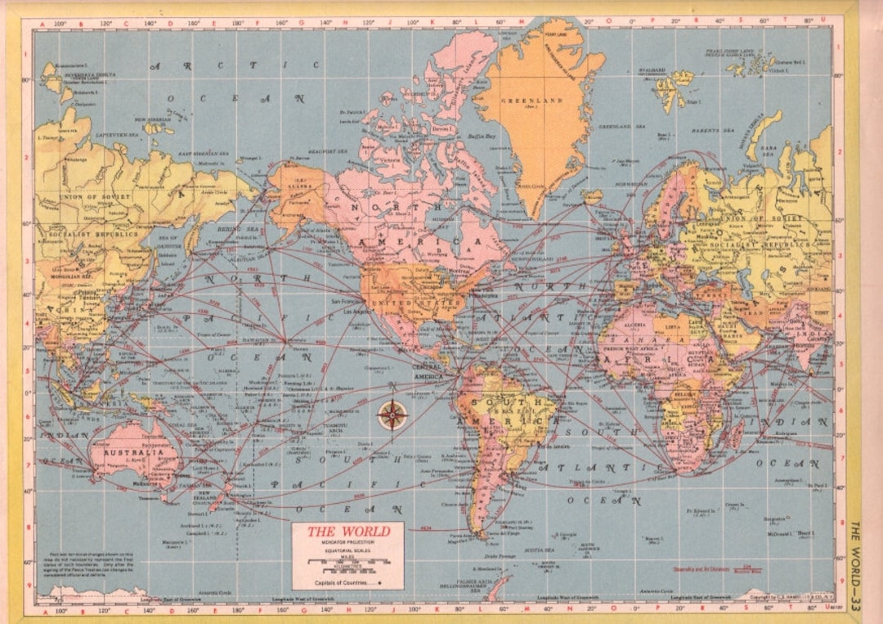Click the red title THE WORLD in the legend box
pyautogui.click(x=347, y=532)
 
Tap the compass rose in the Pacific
pyautogui.click(x=392, y=415)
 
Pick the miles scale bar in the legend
pyautogui.click(x=347, y=563)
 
